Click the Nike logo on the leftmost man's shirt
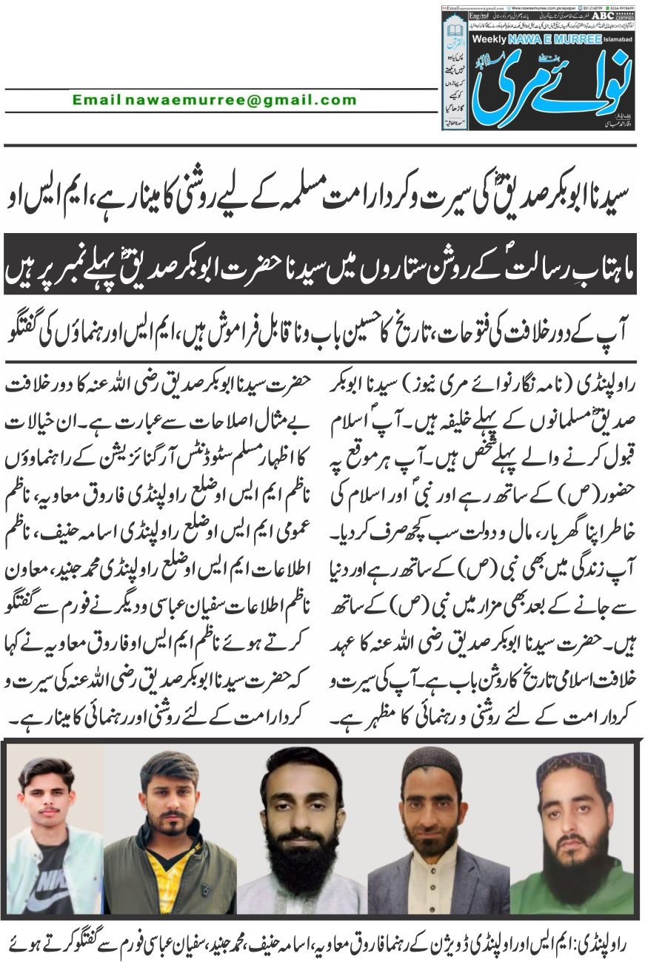click(x=42, y=885)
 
